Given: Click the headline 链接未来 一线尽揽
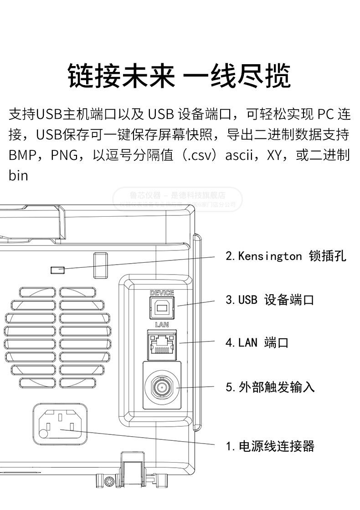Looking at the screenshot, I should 179,76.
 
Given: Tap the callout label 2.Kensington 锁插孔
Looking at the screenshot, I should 286,256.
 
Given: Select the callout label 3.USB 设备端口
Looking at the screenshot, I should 270,300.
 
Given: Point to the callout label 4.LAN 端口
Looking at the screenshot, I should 257,342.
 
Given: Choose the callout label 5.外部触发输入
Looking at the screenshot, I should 270,387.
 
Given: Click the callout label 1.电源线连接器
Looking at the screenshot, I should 270,446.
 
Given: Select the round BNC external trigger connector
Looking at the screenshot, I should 161,388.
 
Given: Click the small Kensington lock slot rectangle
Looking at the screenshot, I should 57,270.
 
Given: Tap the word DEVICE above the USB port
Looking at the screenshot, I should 162,293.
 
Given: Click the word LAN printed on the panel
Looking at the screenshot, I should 162,325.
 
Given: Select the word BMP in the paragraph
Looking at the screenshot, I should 22,155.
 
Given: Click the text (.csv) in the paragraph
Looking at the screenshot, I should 200,155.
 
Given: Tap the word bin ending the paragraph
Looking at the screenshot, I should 18,175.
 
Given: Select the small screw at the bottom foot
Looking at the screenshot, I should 109,482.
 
